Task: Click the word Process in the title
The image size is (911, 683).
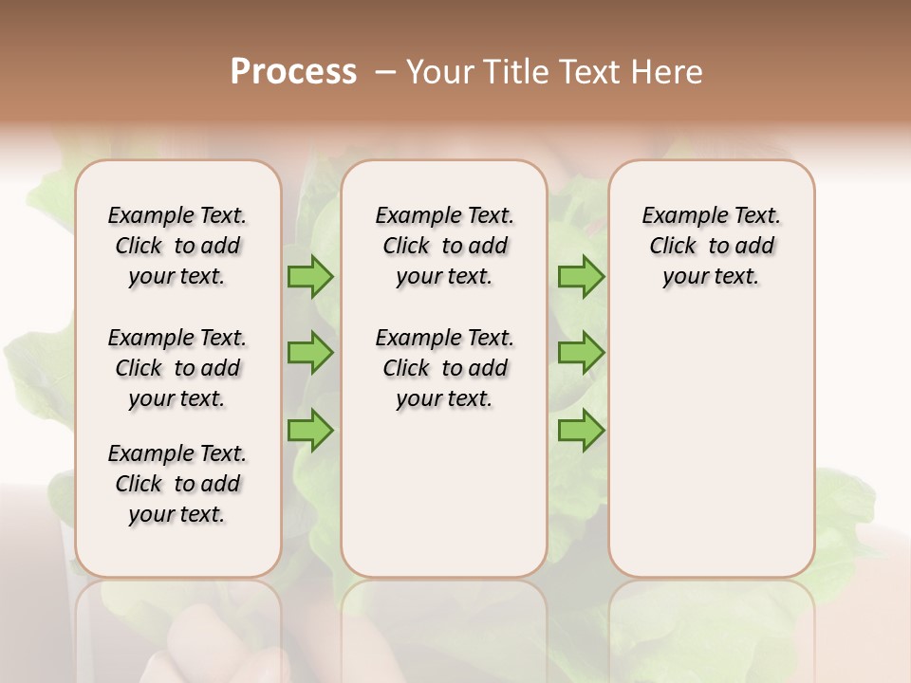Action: (x=293, y=72)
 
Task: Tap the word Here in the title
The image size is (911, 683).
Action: (x=668, y=72)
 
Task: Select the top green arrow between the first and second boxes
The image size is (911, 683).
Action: (x=310, y=277)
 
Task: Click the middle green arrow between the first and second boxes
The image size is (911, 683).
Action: (x=310, y=353)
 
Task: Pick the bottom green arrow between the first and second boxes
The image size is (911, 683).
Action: (x=310, y=430)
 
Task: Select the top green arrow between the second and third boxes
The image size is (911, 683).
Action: (x=581, y=277)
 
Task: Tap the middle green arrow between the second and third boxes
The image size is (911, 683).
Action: (x=581, y=353)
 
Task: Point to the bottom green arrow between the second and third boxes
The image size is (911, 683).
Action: (x=581, y=430)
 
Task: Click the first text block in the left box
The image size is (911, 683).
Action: (x=177, y=246)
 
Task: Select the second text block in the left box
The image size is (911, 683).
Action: (x=177, y=368)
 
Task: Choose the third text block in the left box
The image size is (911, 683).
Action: (x=177, y=484)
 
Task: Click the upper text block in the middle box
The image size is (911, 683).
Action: (x=444, y=246)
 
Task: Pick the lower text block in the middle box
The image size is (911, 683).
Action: (x=444, y=368)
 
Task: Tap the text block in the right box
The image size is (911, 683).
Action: (x=711, y=246)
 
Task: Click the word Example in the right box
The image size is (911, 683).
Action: (x=676, y=216)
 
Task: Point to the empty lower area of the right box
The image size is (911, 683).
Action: (x=711, y=446)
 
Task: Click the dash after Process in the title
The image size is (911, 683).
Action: (x=384, y=73)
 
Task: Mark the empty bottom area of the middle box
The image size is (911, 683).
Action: (x=444, y=503)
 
